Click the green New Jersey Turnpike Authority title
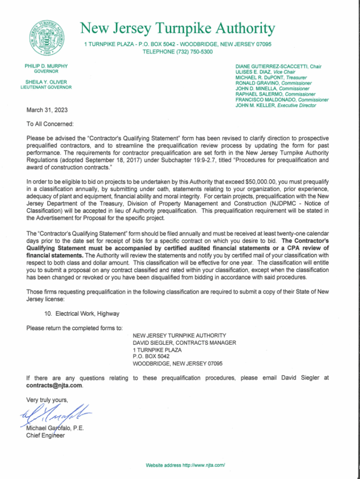point(178,29)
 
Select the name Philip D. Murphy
point(46,66)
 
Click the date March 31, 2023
point(47,110)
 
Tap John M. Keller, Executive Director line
point(276,105)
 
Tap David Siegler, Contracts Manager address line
point(184,342)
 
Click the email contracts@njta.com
point(56,385)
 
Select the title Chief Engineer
point(46,436)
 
